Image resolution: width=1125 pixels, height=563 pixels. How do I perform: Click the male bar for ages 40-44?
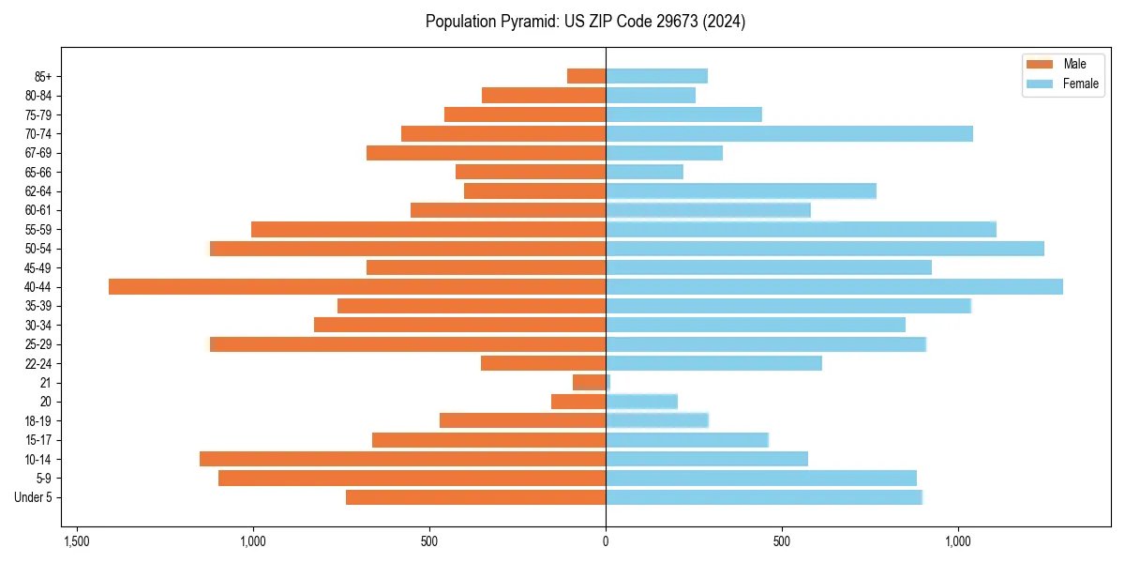pyautogui.click(x=357, y=286)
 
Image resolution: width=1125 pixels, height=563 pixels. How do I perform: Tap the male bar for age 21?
pyautogui.click(x=589, y=382)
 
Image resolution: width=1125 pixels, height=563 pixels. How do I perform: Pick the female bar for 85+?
pyautogui.click(x=656, y=76)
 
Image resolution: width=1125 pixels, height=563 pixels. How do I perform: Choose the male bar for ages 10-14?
pyautogui.click(x=402, y=459)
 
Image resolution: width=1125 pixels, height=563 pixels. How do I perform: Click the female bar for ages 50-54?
pyautogui.click(x=825, y=249)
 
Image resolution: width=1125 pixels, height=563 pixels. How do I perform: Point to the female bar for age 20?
pyautogui.click(x=641, y=402)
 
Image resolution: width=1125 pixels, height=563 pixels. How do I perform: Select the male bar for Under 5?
pyautogui.click(x=475, y=497)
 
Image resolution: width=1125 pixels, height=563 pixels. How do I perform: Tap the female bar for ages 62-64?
pyautogui.click(x=741, y=190)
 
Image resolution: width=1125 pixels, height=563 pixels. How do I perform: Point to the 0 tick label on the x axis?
pyautogui.click(x=606, y=541)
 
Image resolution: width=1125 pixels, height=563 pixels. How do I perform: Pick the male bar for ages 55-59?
pyautogui.click(x=428, y=229)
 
